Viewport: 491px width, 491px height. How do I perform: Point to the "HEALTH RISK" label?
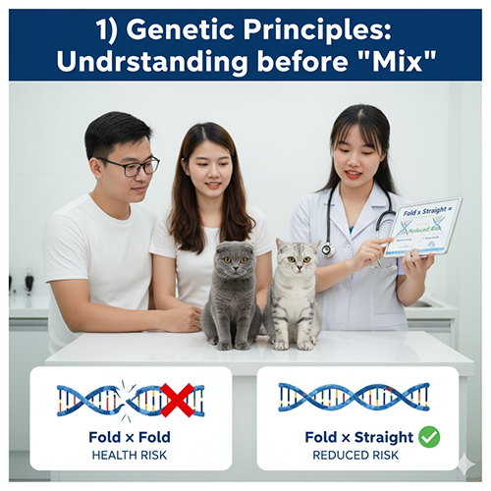pos(131,455)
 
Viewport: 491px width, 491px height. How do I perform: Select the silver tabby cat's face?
pos(292,267)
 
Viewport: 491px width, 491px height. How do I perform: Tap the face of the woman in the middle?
pos(206,170)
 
